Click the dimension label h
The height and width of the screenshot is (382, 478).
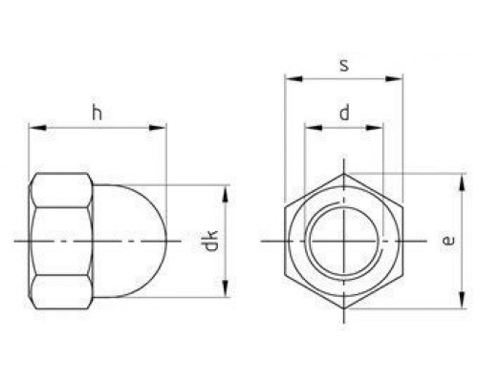[x=98, y=114]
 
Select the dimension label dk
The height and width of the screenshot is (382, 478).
[x=210, y=241]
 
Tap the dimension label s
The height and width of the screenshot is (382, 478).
[x=344, y=65]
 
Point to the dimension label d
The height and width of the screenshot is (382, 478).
[x=344, y=114]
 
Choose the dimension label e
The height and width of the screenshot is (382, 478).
[x=448, y=241]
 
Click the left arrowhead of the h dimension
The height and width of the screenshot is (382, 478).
[x=37, y=128]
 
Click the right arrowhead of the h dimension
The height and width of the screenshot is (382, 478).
[x=158, y=128]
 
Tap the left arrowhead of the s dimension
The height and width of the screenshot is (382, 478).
[x=293, y=78]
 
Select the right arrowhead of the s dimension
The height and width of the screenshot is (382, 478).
[x=394, y=78]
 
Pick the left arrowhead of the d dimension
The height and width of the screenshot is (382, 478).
[x=314, y=128]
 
